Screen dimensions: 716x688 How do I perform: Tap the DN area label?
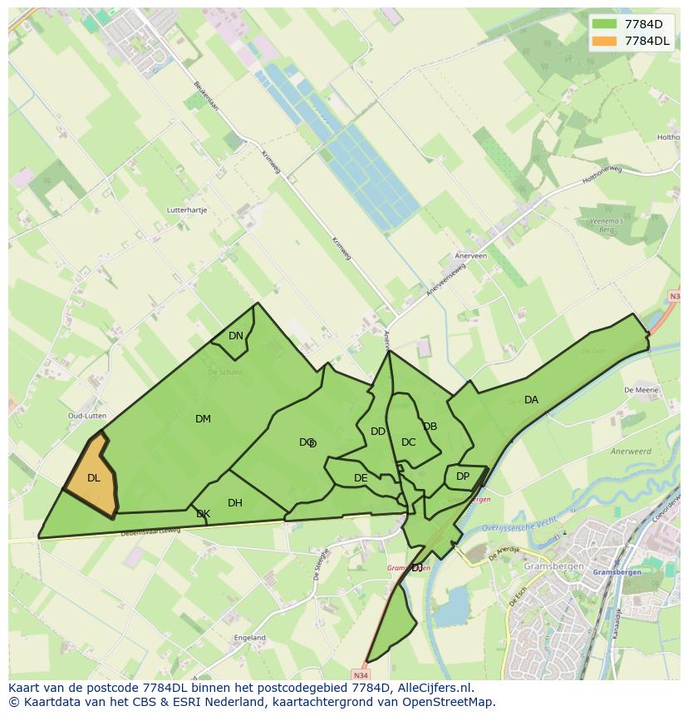pyautogui.click(x=236, y=336)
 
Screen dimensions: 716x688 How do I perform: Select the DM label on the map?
pyautogui.click(x=203, y=419)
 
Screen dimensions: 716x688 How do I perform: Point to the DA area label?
pyautogui.click(x=531, y=400)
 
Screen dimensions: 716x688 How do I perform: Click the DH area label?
pyautogui.click(x=235, y=503)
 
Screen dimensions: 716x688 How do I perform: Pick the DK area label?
pyautogui.click(x=203, y=514)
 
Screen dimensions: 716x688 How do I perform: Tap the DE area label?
pyautogui.click(x=361, y=478)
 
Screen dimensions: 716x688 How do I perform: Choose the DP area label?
pyautogui.click(x=463, y=477)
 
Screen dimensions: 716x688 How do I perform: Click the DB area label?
pyautogui.click(x=430, y=427)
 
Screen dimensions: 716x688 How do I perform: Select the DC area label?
pyautogui.click(x=408, y=442)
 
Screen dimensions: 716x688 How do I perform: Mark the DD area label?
pyautogui.click(x=378, y=432)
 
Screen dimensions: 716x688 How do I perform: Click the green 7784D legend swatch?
pyautogui.click(x=605, y=24)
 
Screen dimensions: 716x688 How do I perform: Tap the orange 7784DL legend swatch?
pyautogui.click(x=605, y=41)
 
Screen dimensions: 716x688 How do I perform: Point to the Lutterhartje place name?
pyautogui.click(x=187, y=210)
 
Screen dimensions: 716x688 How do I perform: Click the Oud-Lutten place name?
pyautogui.click(x=87, y=416)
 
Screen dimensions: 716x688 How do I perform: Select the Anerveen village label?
pyautogui.click(x=470, y=256)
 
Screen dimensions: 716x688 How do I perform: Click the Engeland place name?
pyautogui.click(x=250, y=638)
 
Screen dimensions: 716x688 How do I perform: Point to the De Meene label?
pyautogui.click(x=641, y=389)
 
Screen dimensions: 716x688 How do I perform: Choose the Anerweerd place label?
pyautogui.click(x=630, y=452)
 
